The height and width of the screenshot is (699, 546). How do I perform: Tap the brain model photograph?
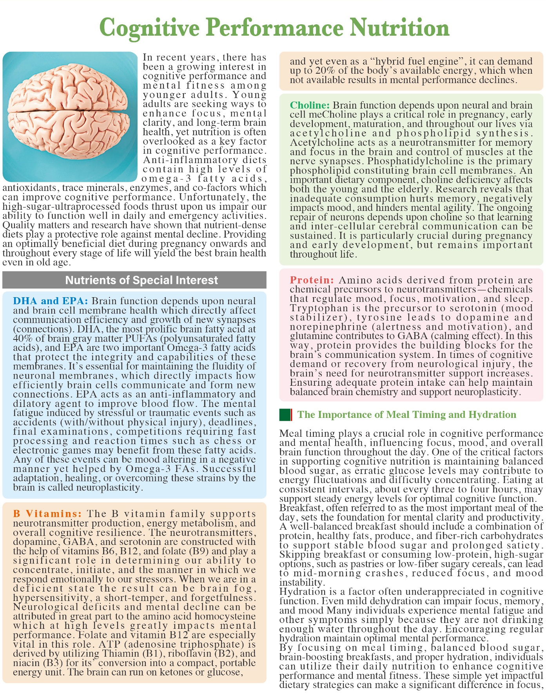[x=70, y=116]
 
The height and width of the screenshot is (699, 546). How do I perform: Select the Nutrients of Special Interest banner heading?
[x=141, y=280]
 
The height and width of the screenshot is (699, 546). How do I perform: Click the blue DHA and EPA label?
[x=51, y=301]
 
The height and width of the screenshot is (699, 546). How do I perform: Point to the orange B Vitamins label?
[x=47, y=514]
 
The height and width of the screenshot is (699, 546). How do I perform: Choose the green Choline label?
[x=310, y=105]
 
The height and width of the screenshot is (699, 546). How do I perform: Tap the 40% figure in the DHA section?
[x=22, y=338]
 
